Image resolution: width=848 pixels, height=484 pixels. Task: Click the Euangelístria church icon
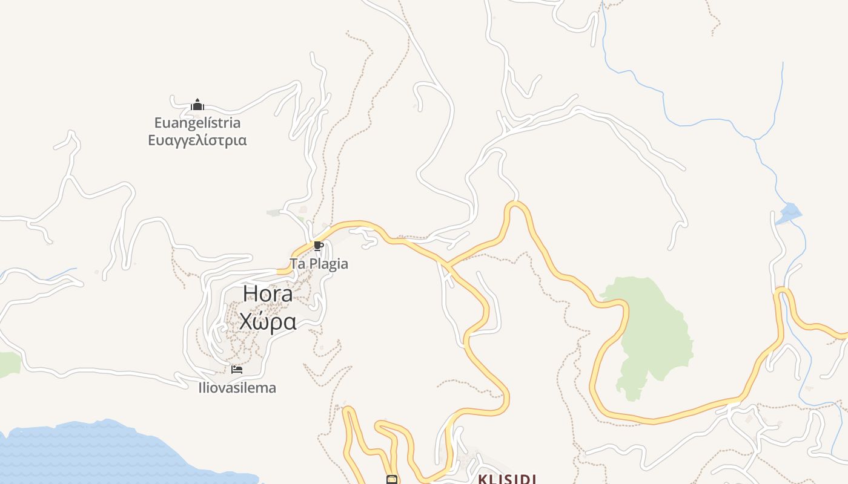click(197, 105)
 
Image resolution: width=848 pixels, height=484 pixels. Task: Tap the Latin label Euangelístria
click(197, 123)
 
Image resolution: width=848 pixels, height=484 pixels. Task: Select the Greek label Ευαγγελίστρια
click(197, 140)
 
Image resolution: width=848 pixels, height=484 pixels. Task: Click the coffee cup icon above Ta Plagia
click(318, 246)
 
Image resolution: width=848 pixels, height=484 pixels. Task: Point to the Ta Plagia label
click(319, 264)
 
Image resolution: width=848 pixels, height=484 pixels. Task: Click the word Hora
click(268, 293)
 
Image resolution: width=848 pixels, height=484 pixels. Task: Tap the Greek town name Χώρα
click(268, 321)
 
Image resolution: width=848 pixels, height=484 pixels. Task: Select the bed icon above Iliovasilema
click(237, 369)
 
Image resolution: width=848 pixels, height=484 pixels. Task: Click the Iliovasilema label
click(237, 388)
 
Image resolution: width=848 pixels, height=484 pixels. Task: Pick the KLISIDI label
click(507, 479)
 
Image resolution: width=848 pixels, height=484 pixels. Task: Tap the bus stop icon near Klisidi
click(392, 480)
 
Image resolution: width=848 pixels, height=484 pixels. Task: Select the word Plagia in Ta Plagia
click(328, 264)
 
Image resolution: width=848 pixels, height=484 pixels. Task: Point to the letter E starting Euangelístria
click(159, 123)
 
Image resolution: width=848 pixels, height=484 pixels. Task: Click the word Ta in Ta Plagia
click(297, 264)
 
